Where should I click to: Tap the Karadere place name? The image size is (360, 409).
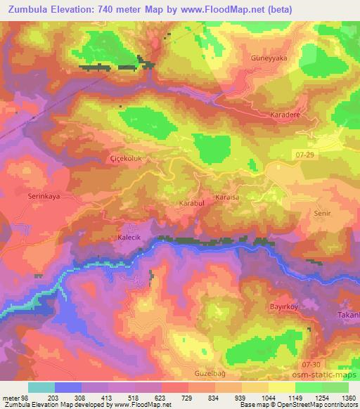click(x=285, y=114)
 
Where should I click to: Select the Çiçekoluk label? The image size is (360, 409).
click(x=127, y=160)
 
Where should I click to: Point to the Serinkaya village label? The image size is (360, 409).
click(x=44, y=197)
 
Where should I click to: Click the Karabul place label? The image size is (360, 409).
click(x=191, y=202)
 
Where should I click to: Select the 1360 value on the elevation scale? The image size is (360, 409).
click(x=347, y=396)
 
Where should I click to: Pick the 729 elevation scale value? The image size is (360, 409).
click(x=187, y=396)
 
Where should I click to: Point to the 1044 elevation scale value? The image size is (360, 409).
click(x=267, y=396)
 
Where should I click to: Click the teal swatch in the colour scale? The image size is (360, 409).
click(x=41, y=387)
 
